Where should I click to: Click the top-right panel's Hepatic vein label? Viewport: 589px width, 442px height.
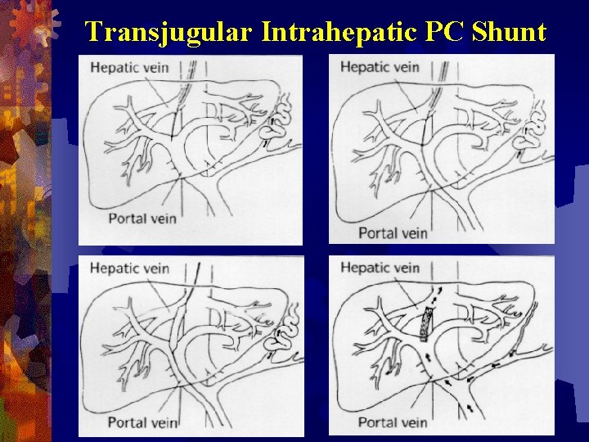[380, 66]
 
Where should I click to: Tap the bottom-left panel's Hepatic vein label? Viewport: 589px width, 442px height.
[129, 268]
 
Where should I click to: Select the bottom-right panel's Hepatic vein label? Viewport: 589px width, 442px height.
[380, 268]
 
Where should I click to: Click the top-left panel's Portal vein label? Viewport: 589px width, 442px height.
[143, 219]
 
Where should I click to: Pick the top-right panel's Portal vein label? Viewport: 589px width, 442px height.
[393, 233]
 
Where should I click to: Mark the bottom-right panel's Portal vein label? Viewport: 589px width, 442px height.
[393, 422]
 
